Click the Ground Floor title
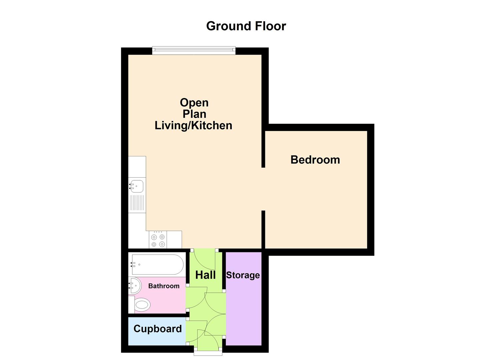246,26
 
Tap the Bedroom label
315,160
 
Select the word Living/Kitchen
193,125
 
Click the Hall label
205,275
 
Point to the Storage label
243,275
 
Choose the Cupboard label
157,329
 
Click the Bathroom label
164,286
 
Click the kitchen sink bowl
137,186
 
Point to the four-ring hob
158,241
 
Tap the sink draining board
137,203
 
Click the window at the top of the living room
194,51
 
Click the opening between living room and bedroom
263,189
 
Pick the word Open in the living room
194,102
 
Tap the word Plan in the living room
194,114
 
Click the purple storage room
244,310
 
